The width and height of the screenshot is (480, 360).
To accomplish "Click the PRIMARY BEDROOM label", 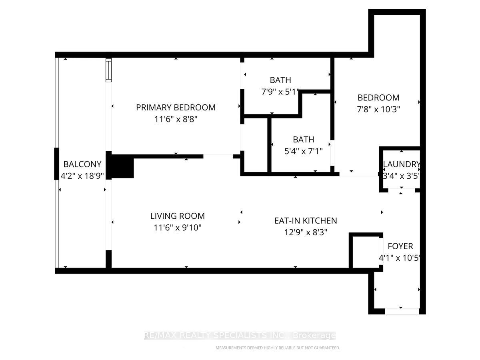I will (176, 108).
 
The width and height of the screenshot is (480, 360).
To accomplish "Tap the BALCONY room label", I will (82, 164).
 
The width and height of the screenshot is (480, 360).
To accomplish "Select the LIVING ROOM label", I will (177, 216).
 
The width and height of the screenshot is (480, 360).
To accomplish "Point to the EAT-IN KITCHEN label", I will (306, 220).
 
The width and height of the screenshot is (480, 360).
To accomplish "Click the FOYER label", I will (400, 246).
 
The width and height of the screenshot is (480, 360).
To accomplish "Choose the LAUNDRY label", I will (401, 164).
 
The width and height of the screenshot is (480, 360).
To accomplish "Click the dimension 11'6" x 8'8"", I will (176, 119).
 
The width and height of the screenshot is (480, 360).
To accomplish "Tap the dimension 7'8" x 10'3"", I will (378, 109).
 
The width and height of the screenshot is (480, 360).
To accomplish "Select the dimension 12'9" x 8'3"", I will (306, 232).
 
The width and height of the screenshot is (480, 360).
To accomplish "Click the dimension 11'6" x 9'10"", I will (177, 228).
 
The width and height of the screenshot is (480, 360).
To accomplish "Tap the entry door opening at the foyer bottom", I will (402, 311).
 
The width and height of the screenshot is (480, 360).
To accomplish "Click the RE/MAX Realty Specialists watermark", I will (240, 336).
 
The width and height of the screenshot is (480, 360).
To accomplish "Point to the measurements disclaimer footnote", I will (278, 348).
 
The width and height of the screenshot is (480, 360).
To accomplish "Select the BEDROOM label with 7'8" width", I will (378, 98).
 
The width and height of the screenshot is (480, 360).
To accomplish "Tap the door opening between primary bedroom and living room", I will (218, 156).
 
